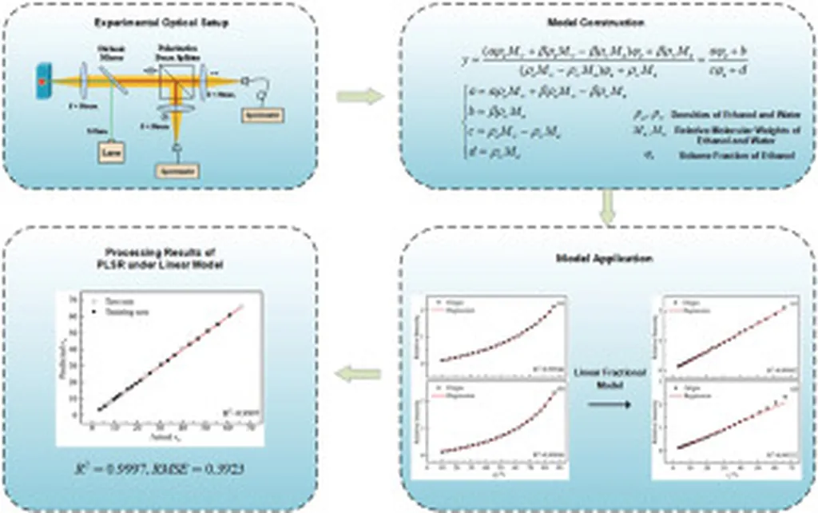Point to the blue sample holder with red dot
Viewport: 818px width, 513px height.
(x=41, y=81)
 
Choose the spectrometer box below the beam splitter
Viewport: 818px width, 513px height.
(x=177, y=170)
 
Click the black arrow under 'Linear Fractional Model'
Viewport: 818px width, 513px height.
(x=609, y=404)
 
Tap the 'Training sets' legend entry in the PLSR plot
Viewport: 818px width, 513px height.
(x=120, y=308)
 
